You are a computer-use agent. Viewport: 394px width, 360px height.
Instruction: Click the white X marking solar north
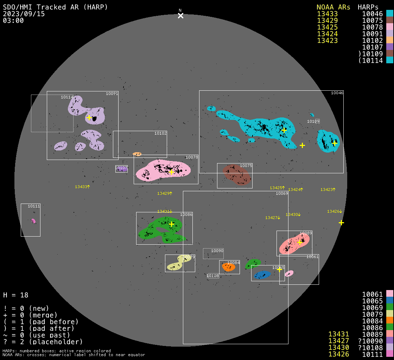[x=180, y=16]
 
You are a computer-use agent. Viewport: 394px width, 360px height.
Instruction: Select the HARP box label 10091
[x=112, y=94]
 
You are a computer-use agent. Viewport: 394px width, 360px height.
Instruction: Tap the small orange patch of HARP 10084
[x=228, y=267]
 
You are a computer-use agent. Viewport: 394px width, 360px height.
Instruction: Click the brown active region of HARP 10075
[x=237, y=174]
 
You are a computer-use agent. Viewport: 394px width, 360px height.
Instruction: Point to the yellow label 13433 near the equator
[x=82, y=187]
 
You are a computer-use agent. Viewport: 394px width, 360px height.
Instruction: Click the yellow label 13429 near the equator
[x=165, y=193]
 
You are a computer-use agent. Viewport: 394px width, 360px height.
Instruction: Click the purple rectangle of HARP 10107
[x=121, y=169]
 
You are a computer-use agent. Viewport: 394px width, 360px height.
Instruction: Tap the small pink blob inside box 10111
[x=33, y=221]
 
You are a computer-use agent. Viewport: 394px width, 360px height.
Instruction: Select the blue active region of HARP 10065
[x=262, y=275]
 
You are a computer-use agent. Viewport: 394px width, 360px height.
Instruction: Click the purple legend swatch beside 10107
[x=389, y=47]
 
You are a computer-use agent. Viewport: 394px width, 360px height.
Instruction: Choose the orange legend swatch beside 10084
[x=389, y=320]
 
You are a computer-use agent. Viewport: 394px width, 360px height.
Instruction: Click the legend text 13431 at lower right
[x=338, y=334]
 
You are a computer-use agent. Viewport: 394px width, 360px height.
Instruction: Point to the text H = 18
[x=16, y=295]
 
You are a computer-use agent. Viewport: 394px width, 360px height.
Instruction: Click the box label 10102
[x=160, y=133]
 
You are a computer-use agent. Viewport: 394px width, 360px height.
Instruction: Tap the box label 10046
[x=337, y=93]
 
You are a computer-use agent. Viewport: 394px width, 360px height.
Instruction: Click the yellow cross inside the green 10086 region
[x=171, y=224]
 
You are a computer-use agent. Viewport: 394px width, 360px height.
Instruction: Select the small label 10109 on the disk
[x=313, y=121]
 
